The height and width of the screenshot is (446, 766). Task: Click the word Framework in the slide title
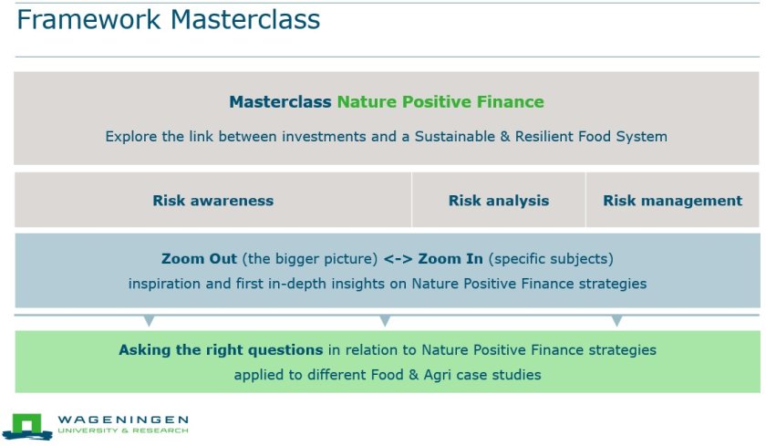tap(89, 19)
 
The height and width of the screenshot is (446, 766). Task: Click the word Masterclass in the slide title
tap(245, 19)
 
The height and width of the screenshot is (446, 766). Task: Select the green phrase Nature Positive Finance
tap(440, 101)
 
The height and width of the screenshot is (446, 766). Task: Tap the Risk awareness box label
tap(213, 201)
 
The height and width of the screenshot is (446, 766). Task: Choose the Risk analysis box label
tap(499, 201)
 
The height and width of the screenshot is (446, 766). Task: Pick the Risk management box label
tap(673, 201)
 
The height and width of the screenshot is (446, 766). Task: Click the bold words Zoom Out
tap(200, 258)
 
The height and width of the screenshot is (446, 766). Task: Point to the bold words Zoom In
tap(450, 258)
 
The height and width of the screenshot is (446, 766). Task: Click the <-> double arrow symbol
tap(399, 258)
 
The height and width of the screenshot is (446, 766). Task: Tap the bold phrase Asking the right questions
tap(221, 349)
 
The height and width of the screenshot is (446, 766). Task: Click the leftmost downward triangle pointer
tap(149, 321)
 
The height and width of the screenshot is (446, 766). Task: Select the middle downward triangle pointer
tap(385, 321)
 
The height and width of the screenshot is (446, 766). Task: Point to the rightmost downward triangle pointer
tap(616, 321)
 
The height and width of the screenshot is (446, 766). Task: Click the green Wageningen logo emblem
tap(27, 427)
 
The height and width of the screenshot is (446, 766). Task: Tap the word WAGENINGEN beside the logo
tap(123, 420)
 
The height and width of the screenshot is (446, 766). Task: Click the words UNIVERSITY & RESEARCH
tap(123, 430)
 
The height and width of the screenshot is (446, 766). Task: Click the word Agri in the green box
tap(437, 375)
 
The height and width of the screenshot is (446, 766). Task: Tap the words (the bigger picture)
tap(310, 258)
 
